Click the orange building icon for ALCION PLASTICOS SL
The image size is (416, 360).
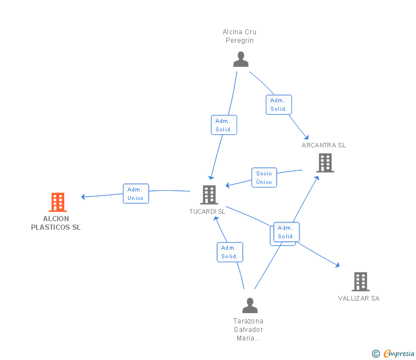pos(58,202)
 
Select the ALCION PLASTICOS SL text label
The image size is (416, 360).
pos(56,223)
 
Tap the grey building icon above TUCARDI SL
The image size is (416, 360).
pos(209,195)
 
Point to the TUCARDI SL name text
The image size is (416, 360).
pos(207,211)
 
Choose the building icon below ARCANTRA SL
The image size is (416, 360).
pos(325,163)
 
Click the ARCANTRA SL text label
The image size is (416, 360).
pos(323,145)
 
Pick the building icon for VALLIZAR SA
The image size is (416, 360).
pos(360,281)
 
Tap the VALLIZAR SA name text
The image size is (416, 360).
pos(358,298)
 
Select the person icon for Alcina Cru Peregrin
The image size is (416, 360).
pos(241,59)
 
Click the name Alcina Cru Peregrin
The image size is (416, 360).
pos(239,36)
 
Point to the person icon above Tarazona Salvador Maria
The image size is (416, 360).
pos(250,305)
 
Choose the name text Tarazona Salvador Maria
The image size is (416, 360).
pos(248,329)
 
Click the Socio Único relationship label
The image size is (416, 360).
pos(264,178)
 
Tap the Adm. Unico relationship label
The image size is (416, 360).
pos(135,194)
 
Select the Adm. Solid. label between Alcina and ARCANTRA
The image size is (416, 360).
pos(279,105)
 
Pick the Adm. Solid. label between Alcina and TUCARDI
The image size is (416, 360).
pos(223,125)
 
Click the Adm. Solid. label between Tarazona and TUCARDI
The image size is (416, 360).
pos(230,252)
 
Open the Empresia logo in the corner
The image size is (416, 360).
pos(398,354)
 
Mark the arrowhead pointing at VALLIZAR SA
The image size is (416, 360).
pos(338,265)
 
